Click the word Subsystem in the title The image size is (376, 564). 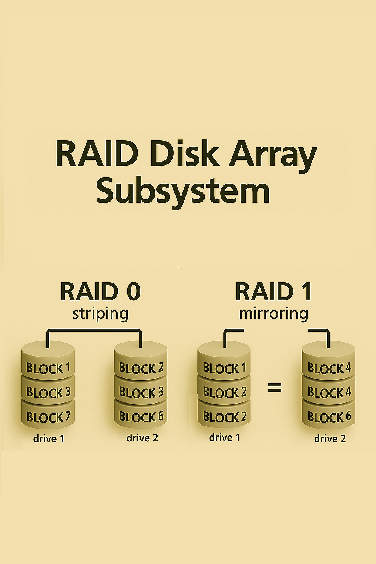pos(183,191)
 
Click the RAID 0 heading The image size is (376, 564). pos(100,292)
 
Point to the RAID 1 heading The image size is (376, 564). pos(274,292)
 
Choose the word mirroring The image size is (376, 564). pos(274,314)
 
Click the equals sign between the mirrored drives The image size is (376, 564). pos(275,387)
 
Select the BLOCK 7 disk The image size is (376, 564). pos(48,417)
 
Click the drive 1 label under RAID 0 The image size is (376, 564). pos(48,439)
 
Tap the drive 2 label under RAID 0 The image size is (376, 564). pos(142,438)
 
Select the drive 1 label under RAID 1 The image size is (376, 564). pos(224,438)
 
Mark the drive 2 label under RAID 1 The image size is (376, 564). pos(330,439)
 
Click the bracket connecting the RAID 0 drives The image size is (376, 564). pos(94,331)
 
